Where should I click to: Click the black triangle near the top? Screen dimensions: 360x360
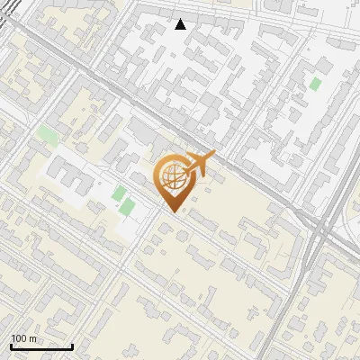click(181, 24)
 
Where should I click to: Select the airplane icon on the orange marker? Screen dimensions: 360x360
click(200, 164)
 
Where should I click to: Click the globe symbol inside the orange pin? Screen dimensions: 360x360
click(170, 178)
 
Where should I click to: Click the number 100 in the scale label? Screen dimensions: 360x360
click(20, 338)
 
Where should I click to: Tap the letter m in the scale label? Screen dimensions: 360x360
click(33, 338)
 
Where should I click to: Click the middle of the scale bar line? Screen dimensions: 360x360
click(41, 347)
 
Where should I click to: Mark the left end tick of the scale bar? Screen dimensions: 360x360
click(11, 346)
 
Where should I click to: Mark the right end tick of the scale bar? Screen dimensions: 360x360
click(72, 346)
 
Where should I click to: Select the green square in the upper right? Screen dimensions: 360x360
click(315, 84)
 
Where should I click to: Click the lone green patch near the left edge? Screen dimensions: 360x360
click(48, 137)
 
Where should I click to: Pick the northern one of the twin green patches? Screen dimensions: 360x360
click(119, 193)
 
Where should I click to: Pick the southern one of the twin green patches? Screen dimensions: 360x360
click(127, 208)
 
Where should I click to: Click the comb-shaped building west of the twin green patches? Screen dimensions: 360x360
click(72, 180)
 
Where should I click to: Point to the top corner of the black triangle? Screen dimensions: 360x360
click(181, 19)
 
